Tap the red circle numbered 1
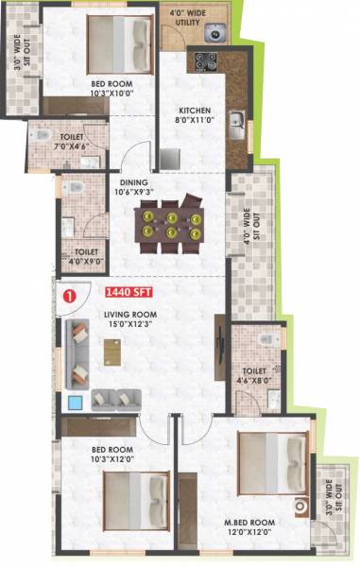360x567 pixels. click(67, 295)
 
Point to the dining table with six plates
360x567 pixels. click(171, 223)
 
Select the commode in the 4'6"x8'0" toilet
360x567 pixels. click(266, 337)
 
